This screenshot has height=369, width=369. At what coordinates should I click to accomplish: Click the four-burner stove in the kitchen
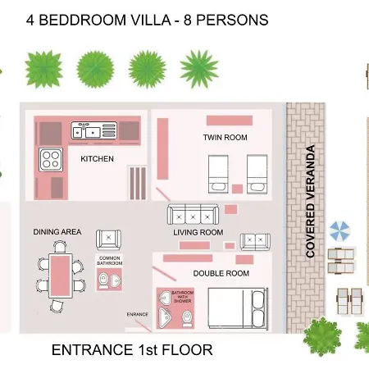[51, 160]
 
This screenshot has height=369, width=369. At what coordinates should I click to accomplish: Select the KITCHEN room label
[97, 159]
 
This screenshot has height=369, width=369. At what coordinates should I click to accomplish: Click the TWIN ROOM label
[225, 137]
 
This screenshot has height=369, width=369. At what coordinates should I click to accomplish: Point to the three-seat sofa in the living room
[193, 215]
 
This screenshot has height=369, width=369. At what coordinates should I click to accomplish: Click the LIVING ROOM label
[198, 233]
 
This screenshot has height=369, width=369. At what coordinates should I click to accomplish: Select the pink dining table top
[61, 276]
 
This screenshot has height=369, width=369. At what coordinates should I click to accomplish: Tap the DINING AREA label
[57, 232]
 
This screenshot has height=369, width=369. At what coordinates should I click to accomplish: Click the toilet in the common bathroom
[103, 280]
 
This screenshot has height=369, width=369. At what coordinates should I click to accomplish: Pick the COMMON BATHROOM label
[110, 261]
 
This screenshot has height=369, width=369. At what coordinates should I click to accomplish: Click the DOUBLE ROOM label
[221, 273]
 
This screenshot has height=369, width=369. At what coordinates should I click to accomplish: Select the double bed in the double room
[238, 308]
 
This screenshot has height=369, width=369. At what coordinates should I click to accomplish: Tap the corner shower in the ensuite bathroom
[165, 317]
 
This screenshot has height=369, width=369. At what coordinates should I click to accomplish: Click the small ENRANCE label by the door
[138, 314]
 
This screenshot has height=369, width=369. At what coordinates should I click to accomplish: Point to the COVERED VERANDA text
[311, 202]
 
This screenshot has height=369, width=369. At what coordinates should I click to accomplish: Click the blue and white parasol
[339, 231]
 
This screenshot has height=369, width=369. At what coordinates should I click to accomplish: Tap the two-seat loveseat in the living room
[255, 242]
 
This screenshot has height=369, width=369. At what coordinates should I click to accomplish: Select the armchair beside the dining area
[108, 239]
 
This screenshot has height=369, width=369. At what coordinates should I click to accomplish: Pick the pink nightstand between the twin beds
[237, 189]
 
